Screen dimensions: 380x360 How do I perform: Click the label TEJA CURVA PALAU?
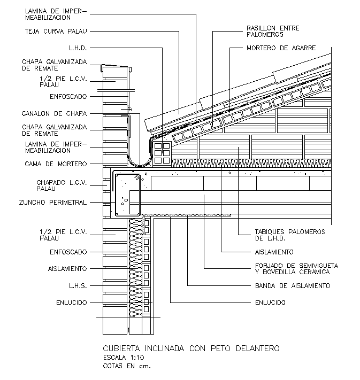[x=56, y=31]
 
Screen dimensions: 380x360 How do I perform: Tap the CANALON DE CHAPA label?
[x=54, y=113]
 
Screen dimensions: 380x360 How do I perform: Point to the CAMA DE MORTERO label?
[x=56, y=164]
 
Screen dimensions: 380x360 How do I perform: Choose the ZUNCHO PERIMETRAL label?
[x=52, y=202]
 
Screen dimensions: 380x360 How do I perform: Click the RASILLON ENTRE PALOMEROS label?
[x=272, y=31]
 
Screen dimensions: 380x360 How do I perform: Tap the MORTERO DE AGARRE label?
[x=281, y=48]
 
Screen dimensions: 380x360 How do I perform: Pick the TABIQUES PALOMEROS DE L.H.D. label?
[x=289, y=235]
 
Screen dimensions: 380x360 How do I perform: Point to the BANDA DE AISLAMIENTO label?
[x=292, y=285]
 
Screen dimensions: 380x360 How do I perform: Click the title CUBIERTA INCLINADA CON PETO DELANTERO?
[x=190, y=348]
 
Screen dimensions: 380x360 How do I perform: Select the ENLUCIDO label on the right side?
[x=270, y=303]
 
